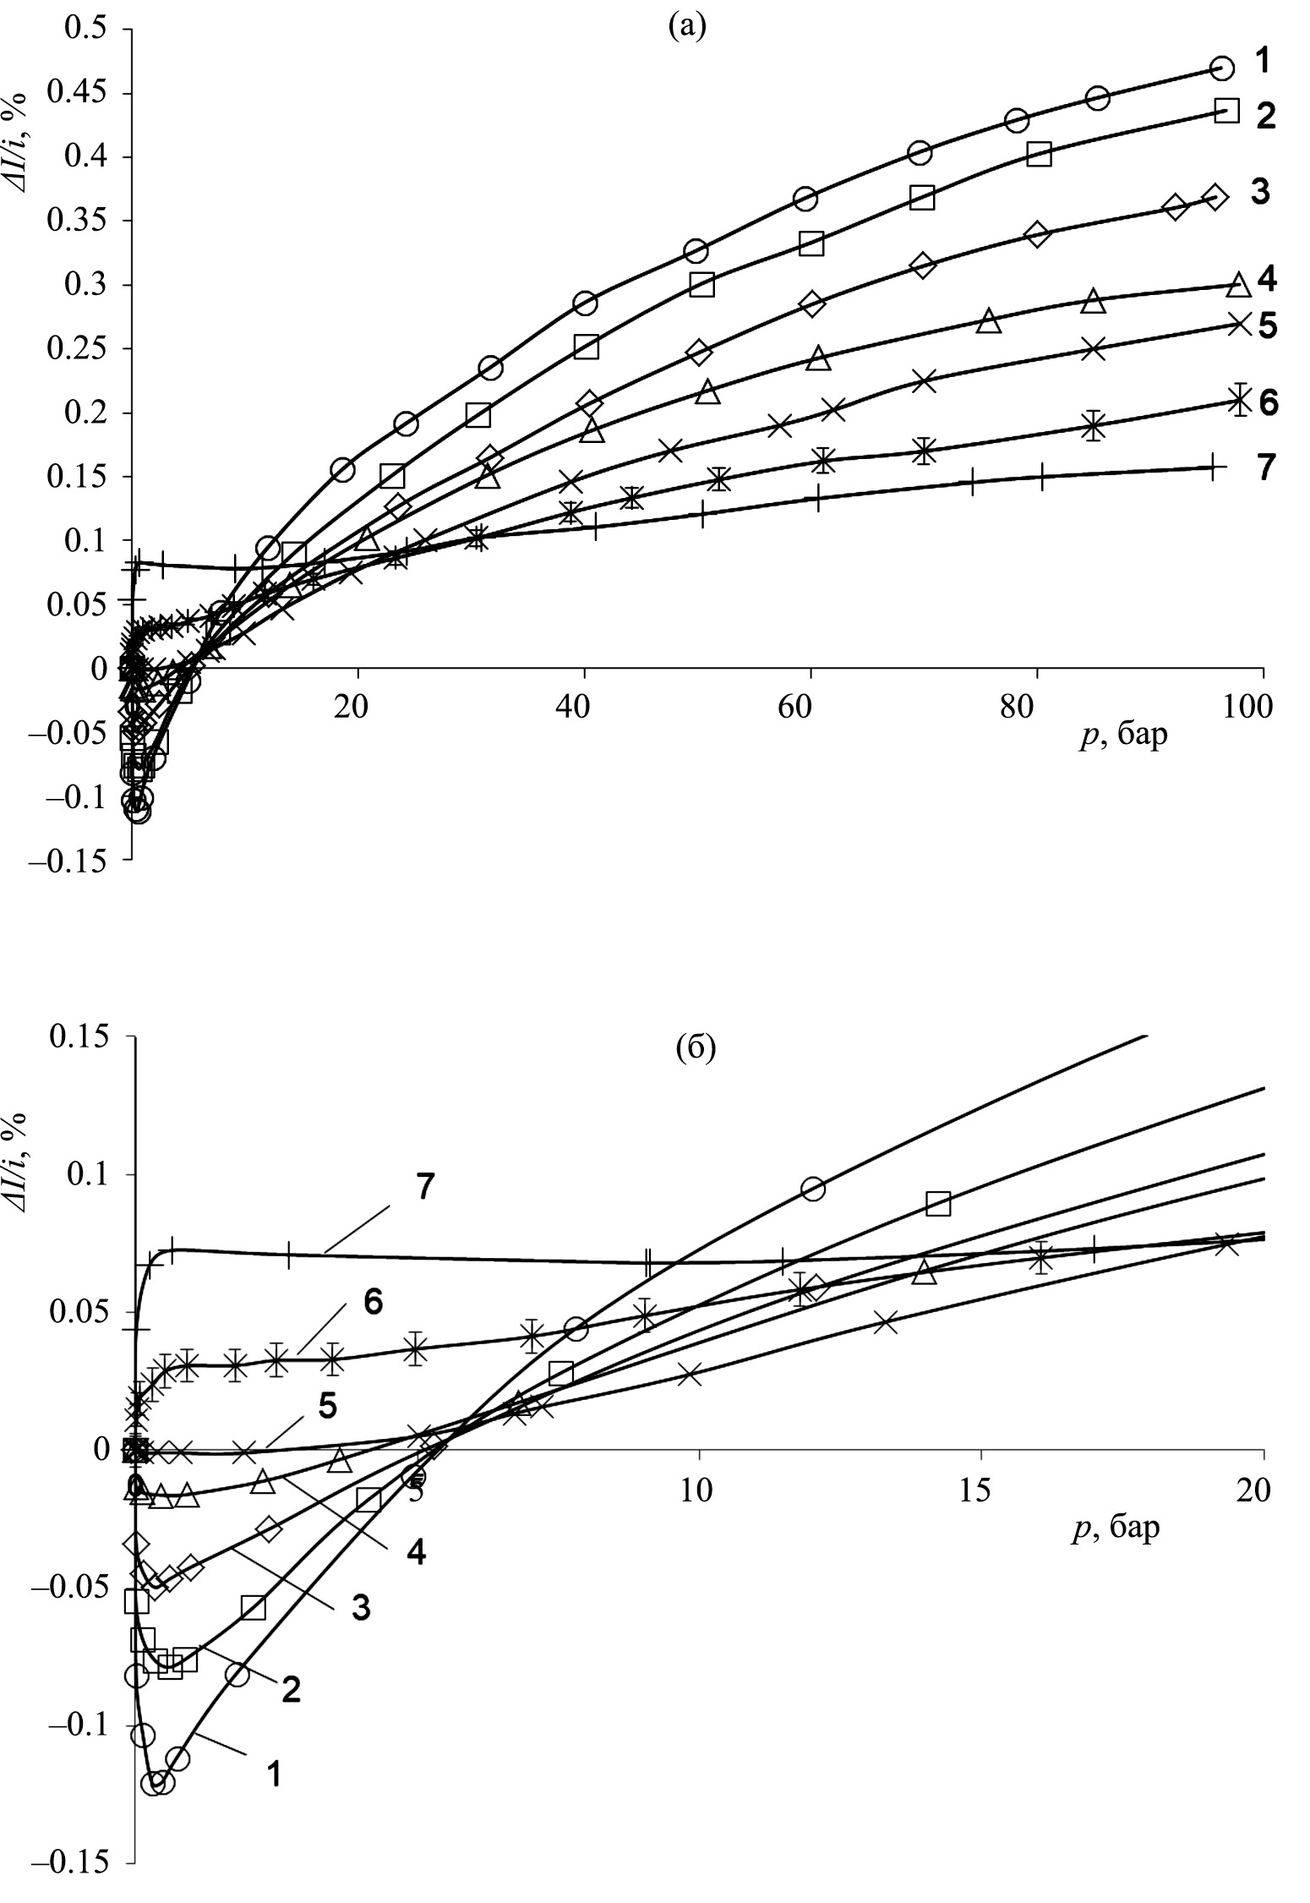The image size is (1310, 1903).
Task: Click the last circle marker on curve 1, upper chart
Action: [1221, 68]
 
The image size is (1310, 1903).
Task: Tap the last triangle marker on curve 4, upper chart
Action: [1238, 284]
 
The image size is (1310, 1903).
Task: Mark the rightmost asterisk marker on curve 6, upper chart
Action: [1240, 399]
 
